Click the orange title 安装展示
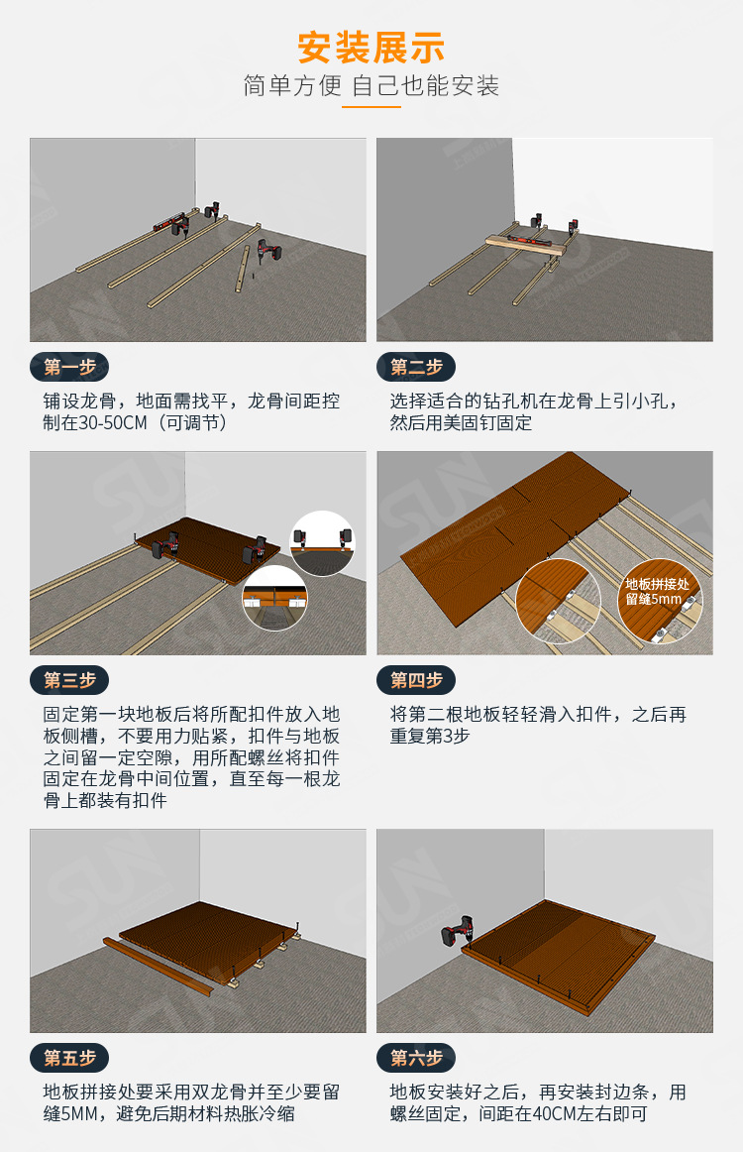(x=371, y=47)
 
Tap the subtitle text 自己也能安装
(x=426, y=86)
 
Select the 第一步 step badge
(x=69, y=367)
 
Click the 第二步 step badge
(x=416, y=367)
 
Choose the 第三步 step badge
(x=69, y=680)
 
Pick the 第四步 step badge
(x=416, y=680)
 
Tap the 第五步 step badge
(x=69, y=1058)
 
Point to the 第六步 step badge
(x=416, y=1058)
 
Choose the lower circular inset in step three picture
(x=274, y=599)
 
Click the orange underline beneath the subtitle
(x=371, y=106)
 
